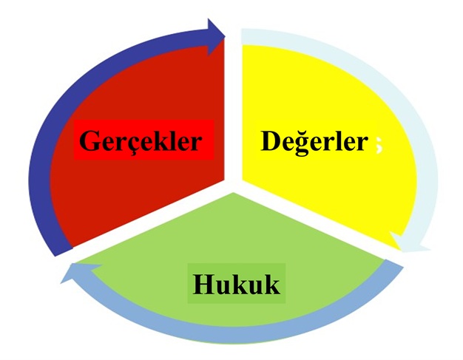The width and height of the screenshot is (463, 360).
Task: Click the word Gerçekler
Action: coord(141,141)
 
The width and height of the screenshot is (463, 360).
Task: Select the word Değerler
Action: coord(314,142)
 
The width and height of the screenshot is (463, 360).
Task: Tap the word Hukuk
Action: coord(236,284)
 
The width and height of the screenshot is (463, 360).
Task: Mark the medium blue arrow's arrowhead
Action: coord(78,272)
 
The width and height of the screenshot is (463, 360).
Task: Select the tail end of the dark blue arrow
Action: coord(63,251)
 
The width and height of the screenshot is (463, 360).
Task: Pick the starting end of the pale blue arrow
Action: coord(242,36)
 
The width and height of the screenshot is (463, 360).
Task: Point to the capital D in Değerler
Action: coord(271,140)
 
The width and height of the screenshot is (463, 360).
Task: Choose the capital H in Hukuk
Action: coord(204,284)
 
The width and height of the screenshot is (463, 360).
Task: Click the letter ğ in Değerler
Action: coord(303,143)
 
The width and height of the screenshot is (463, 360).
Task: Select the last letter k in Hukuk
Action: coord(271,284)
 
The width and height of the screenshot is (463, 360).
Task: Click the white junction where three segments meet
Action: coord(233,186)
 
